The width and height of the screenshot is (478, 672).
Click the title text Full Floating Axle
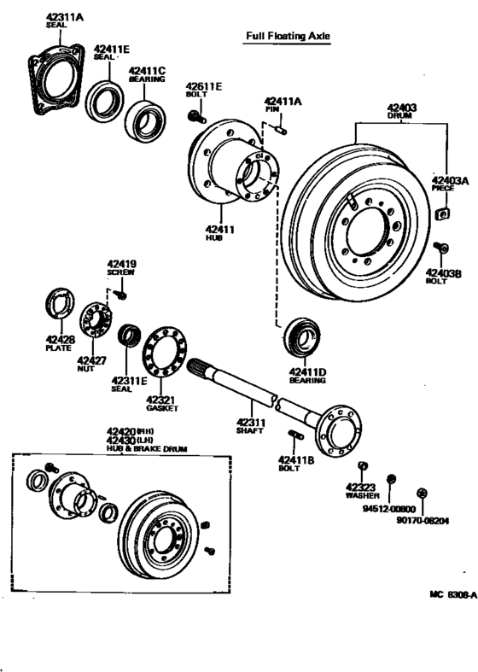click(x=287, y=36)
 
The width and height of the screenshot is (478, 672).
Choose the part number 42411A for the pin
click(x=283, y=100)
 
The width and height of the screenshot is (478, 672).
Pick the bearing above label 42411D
click(x=302, y=337)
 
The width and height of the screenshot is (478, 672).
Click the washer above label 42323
click(x=362, y=465)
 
